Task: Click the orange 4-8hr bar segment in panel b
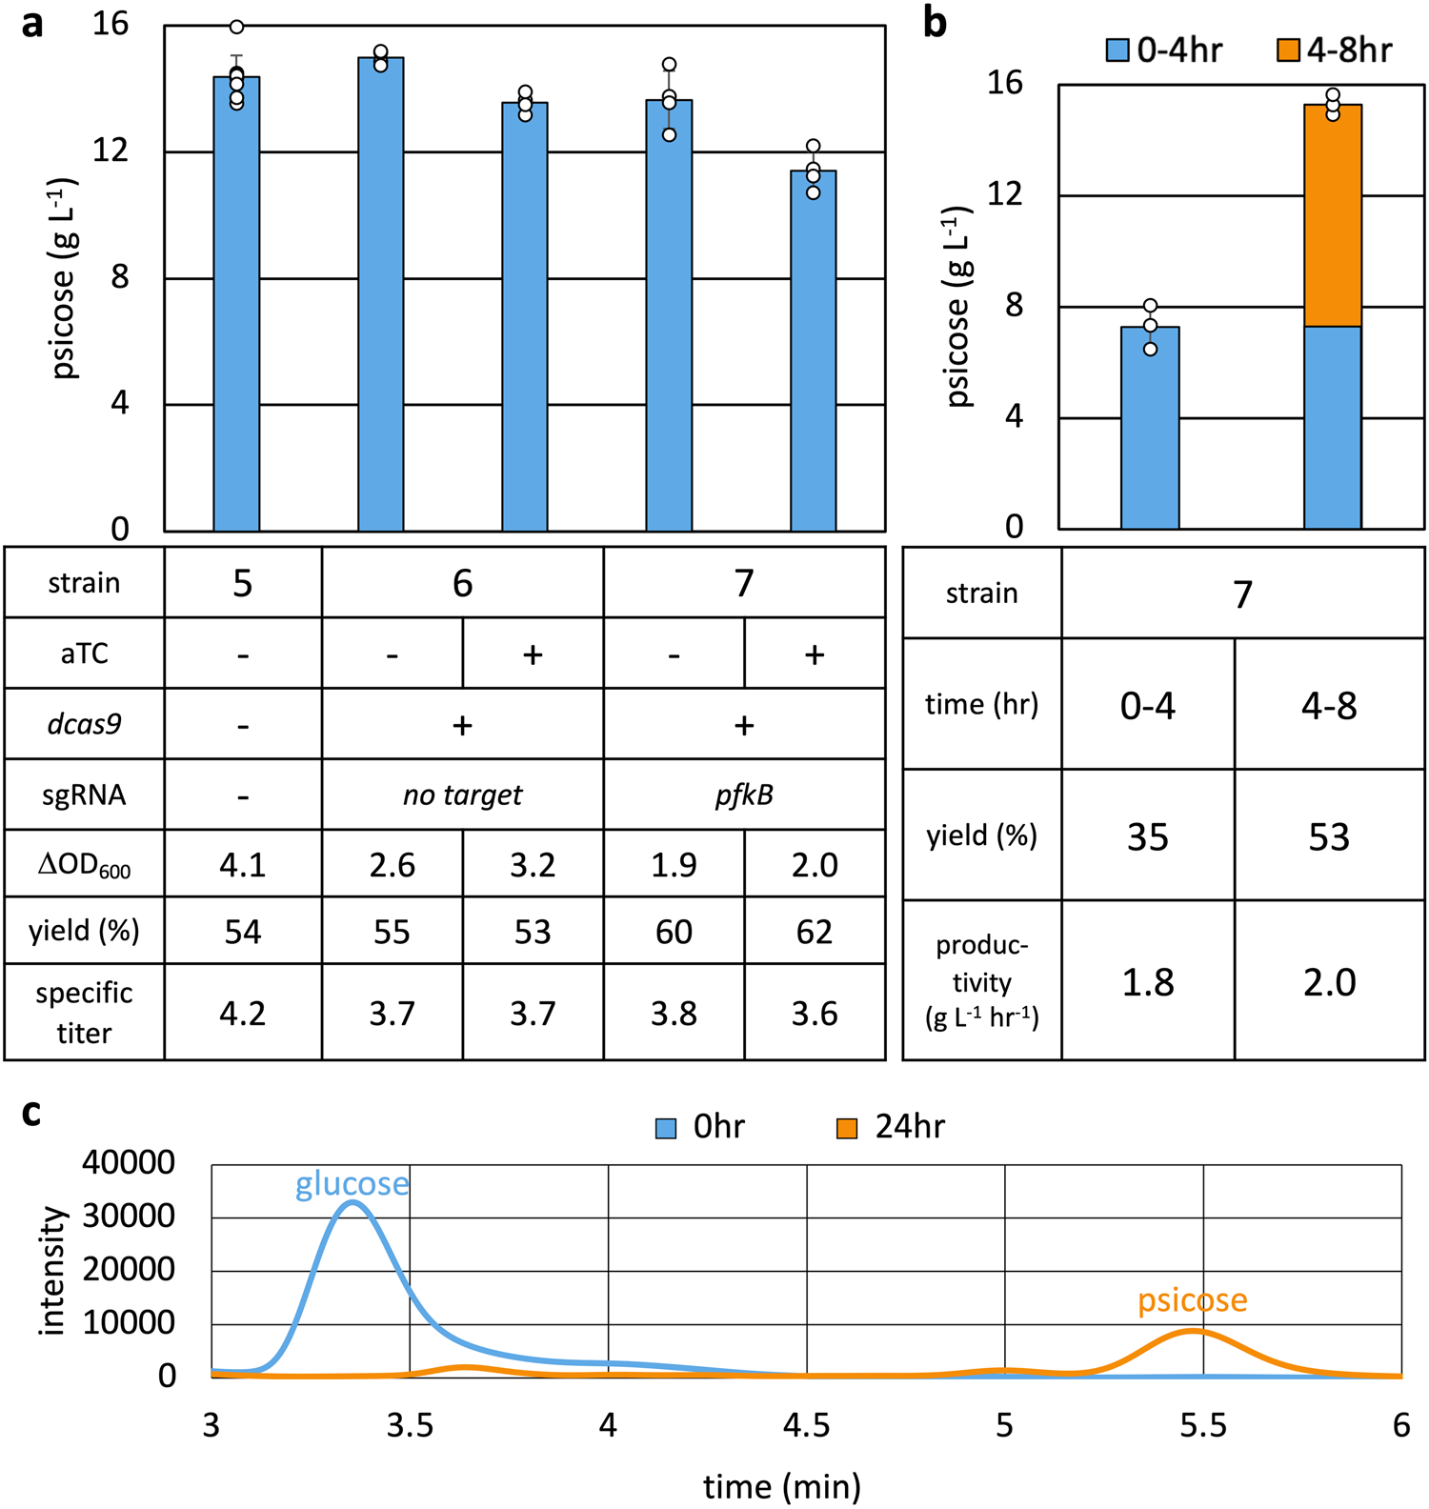tap(1332, 215)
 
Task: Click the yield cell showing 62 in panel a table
tap(814, 931)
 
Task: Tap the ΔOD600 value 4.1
tap(243, 864)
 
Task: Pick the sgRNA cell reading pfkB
tap(744, 795)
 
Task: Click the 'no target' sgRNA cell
tap(462, 795)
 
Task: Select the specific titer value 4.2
tap(243, 1013)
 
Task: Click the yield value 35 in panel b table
tap(1147, 836)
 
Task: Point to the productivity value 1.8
tap(1147, 982)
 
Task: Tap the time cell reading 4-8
tap(1329, 706)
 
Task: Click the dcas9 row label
tap(84, 724)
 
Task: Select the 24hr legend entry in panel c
tap(892, 1127)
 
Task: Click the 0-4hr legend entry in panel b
tap(1164, 50)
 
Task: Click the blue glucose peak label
tap(352, 1183)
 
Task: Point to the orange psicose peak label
tap(1192, 1299)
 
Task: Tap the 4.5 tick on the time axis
tap(806, 1425)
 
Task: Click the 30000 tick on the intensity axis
tap(129, 1217)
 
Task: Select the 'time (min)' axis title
tap(781, 1485)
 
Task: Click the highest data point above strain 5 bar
tap(236, 27)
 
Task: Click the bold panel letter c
tap(31, 1112)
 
